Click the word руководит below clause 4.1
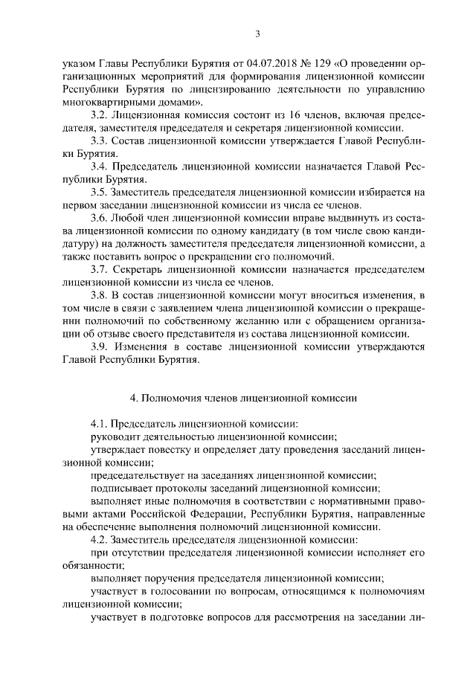115,437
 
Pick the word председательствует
138,475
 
